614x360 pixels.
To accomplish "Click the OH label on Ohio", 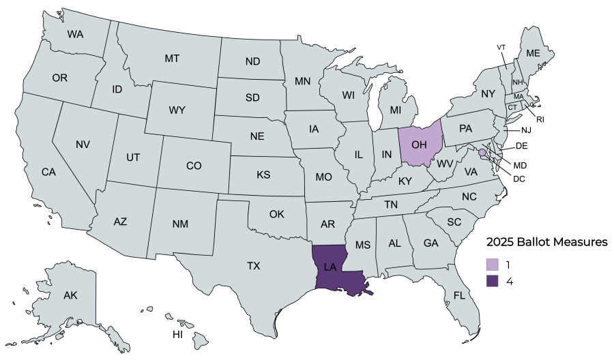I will (420, 145).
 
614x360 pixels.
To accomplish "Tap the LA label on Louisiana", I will (330, 267).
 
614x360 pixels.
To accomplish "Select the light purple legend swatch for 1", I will (493, 264).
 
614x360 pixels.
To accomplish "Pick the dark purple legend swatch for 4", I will (493, 280).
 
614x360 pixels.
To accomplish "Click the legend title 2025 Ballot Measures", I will (546, 242).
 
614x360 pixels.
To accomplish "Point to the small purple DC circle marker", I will (482, 152).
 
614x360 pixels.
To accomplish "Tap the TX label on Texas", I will (254, 265).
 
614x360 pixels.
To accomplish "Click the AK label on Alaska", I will (70, 295).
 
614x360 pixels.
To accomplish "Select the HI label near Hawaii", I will (177, 335).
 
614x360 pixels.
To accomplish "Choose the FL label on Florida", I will (460, 296).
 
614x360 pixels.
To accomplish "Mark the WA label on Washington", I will (75, 33).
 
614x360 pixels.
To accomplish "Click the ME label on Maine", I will (533, 53).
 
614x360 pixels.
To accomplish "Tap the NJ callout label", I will (526, 130).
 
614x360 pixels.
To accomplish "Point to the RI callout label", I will (540, 119).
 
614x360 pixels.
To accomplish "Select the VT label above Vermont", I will (501, 47).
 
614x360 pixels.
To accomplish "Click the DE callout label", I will (521, 146).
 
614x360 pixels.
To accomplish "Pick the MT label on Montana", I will (172, 59).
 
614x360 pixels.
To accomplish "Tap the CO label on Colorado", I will (194, 165).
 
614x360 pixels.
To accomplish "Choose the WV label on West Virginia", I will (445, 164).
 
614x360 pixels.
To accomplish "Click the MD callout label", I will (520, 165).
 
